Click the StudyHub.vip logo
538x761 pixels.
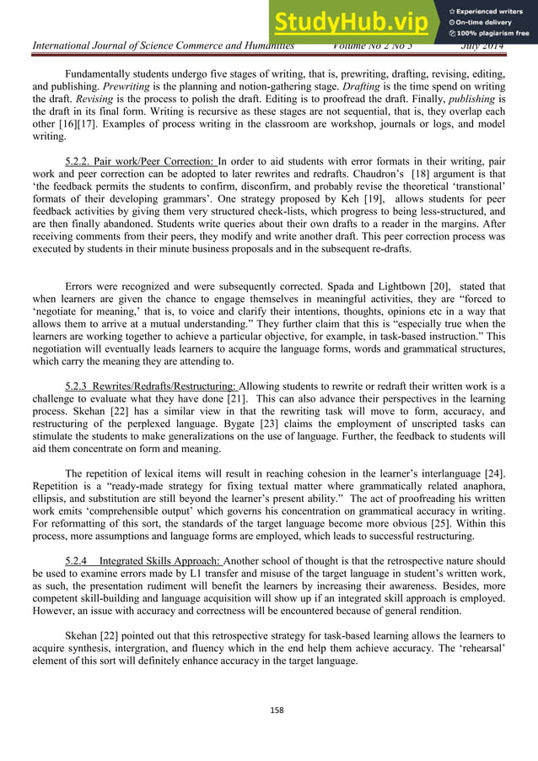point(355,22)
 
